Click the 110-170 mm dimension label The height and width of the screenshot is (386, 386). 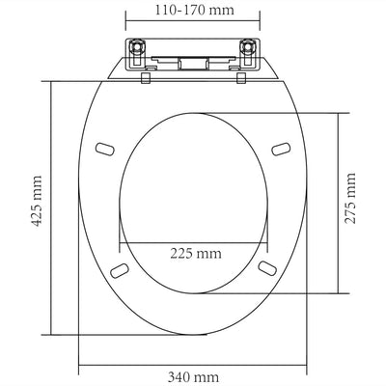[193, 14]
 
